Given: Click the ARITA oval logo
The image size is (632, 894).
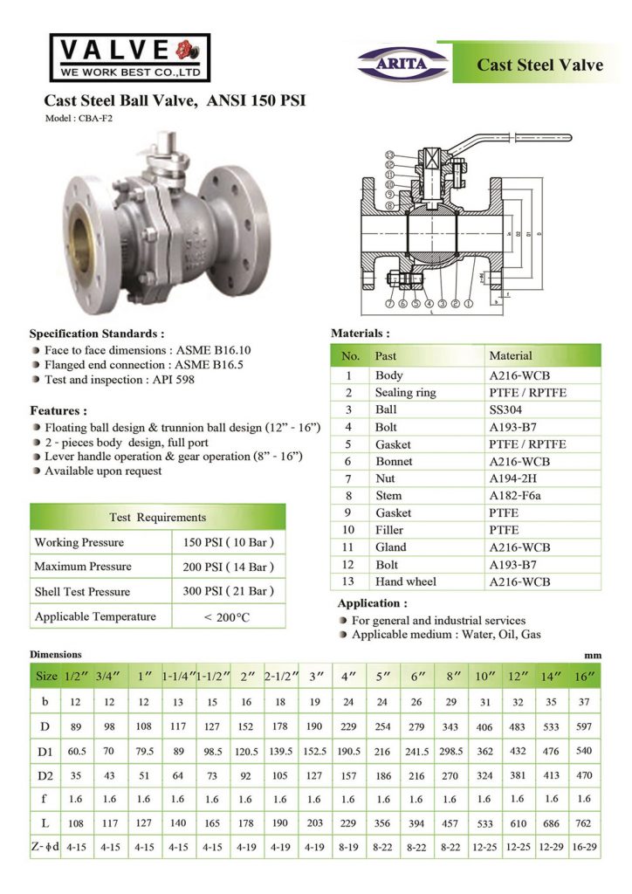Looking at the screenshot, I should pyautogui.click(x=404, y=62).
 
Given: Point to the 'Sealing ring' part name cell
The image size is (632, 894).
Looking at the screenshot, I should pyautogui.click(x=405, y=393).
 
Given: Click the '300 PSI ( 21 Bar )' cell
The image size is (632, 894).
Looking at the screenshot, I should pyautogui.click(x=229, y=591).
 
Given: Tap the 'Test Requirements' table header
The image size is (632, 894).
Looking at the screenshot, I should pyautogui.click(x=157, y=517).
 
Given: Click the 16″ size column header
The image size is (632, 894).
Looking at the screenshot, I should pyautogui.click(x=583, y=677).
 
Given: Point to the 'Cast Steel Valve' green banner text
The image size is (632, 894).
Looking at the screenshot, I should pyautogui.click(x=539, y=65).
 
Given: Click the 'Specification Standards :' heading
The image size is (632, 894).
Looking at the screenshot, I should pyautogui.click(x=97, y=334).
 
